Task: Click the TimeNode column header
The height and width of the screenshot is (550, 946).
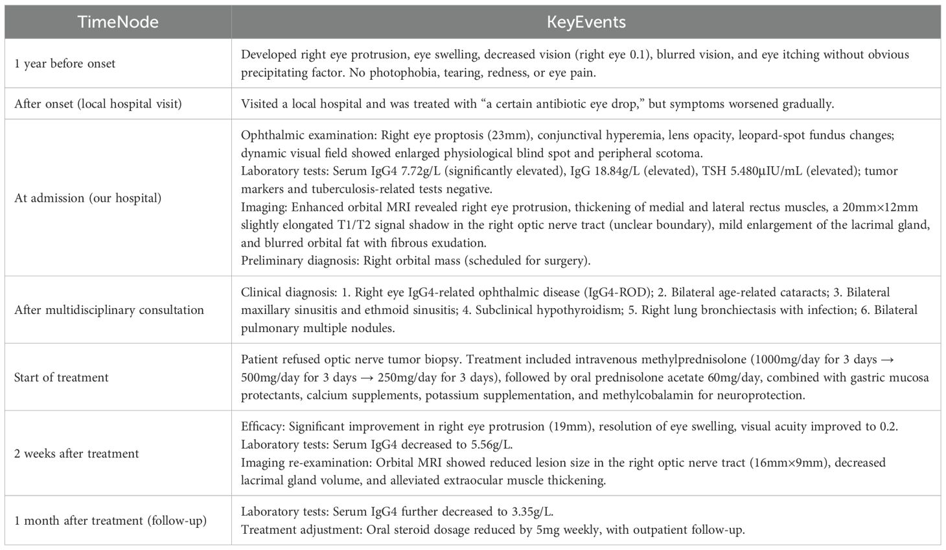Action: click(x=118, y=22)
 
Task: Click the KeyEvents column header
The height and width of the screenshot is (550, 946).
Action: click(x=586, y=22)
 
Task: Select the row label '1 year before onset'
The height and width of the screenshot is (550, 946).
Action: click(x=65, y=64)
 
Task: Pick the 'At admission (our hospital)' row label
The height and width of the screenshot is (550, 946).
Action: click(x=87, y=198)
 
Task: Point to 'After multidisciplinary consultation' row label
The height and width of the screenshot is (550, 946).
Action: click(x=109, y=309)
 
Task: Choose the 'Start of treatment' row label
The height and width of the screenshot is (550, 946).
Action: click(x=61, y=377)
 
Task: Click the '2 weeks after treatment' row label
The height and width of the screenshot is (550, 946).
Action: click(x=76, y=453)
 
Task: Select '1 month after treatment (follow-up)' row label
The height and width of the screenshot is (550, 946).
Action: click(x=110, y=520)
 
